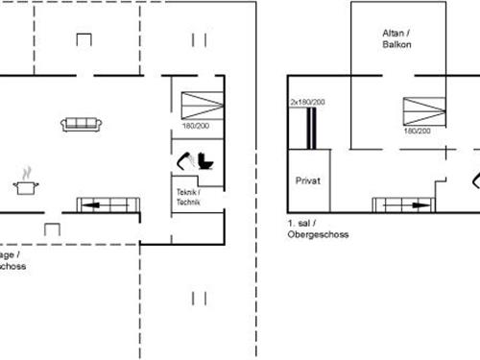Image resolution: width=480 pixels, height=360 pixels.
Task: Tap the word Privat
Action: coord(307,180)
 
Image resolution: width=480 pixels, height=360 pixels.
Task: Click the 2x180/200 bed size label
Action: coord(307,101)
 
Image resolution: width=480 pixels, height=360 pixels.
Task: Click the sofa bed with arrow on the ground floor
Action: coord(107,204)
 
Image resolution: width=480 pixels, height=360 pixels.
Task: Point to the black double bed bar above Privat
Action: coord(309,128)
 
